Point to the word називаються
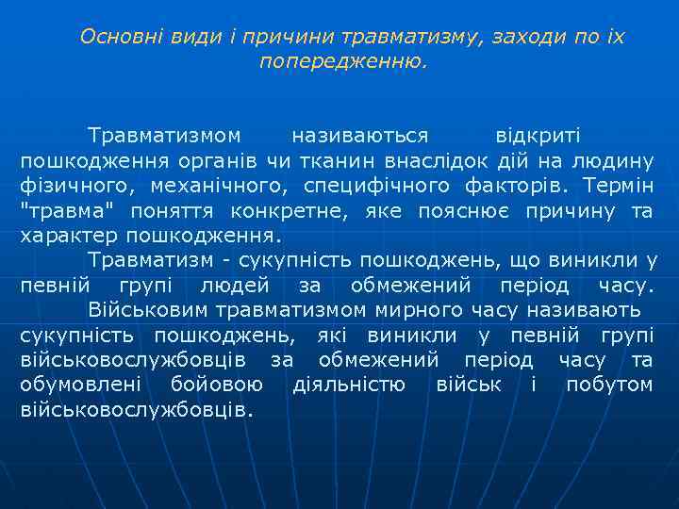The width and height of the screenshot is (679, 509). [359, 135]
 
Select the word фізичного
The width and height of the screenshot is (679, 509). [72, 186]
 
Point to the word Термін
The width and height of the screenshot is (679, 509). [618, 186]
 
